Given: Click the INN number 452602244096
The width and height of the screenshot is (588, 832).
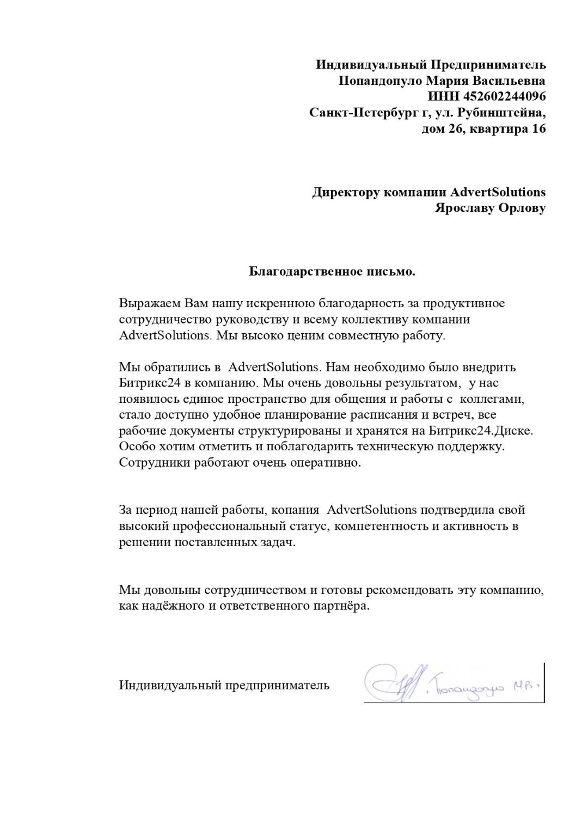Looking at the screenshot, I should [504, 97].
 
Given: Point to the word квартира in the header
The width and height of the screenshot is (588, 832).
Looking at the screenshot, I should [494, 129].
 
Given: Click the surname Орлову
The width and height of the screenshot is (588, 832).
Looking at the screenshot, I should [522, 208].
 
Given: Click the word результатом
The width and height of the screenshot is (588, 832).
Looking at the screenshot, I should [421, 383].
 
